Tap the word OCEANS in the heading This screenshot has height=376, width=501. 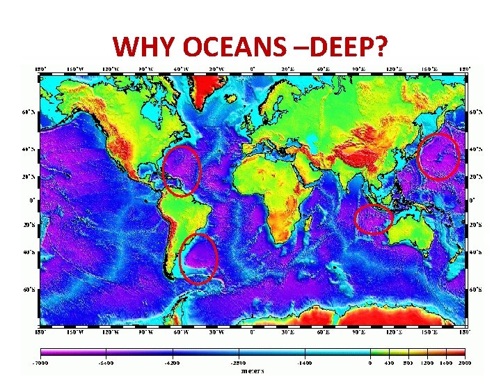[x=227, y=47]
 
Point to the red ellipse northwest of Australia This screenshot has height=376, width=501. [x=374, y=219]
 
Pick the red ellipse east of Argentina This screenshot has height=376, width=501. [x=198, y=259]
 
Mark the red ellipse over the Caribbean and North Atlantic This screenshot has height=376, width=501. [x=181, y=171]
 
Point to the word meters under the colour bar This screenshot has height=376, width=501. [x=252, y=370]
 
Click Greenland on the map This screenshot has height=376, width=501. [x=212, y=86]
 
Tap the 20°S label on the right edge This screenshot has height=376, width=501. [x=475, y=226]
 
